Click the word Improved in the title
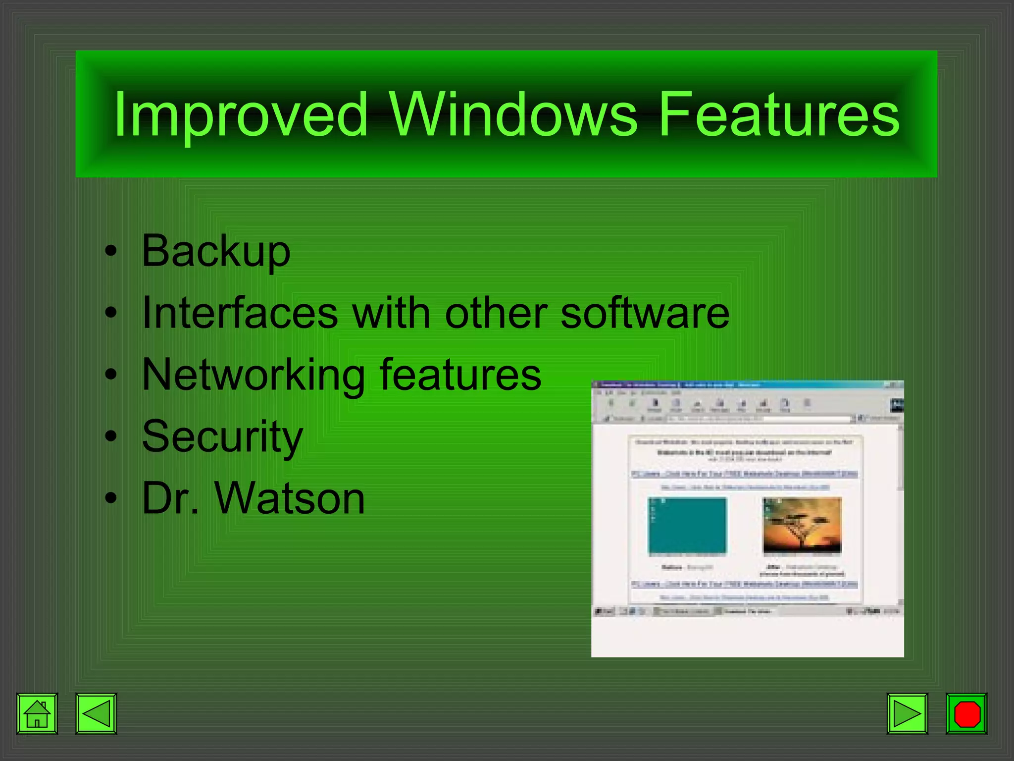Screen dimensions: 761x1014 241,115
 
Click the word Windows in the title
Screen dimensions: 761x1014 512,115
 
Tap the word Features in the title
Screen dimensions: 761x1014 779,115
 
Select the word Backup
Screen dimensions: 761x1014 216,252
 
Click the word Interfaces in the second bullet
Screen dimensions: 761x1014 240,313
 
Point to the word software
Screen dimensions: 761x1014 645,313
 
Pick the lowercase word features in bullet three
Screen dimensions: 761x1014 460,375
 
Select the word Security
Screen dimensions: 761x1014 222,437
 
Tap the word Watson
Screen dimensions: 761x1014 290,498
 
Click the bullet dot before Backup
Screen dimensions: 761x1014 111,252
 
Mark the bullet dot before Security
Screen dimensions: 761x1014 111,437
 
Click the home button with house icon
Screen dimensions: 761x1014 37,713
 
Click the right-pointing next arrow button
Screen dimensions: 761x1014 907,713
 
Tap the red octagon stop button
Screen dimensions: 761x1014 966,713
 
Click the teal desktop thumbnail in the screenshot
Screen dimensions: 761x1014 687,526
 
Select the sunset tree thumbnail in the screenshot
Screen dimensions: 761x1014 802,526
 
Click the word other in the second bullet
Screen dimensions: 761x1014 496,313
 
